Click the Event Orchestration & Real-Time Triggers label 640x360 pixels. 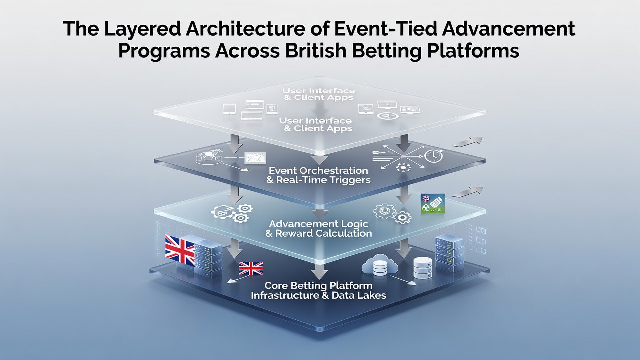click(318, 175)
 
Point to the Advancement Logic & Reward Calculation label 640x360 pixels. click(319, 228)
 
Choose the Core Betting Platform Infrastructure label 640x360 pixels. click(318, 290)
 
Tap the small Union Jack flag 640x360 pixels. click(251, 268)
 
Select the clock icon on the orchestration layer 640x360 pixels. click(433, 156)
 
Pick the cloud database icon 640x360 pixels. click(380, 265)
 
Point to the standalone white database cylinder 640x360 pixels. click(423, 268)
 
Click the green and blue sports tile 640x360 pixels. click(433, 203)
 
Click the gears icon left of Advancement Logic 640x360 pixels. click(232, 213)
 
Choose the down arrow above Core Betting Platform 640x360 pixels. click(319, 270)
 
